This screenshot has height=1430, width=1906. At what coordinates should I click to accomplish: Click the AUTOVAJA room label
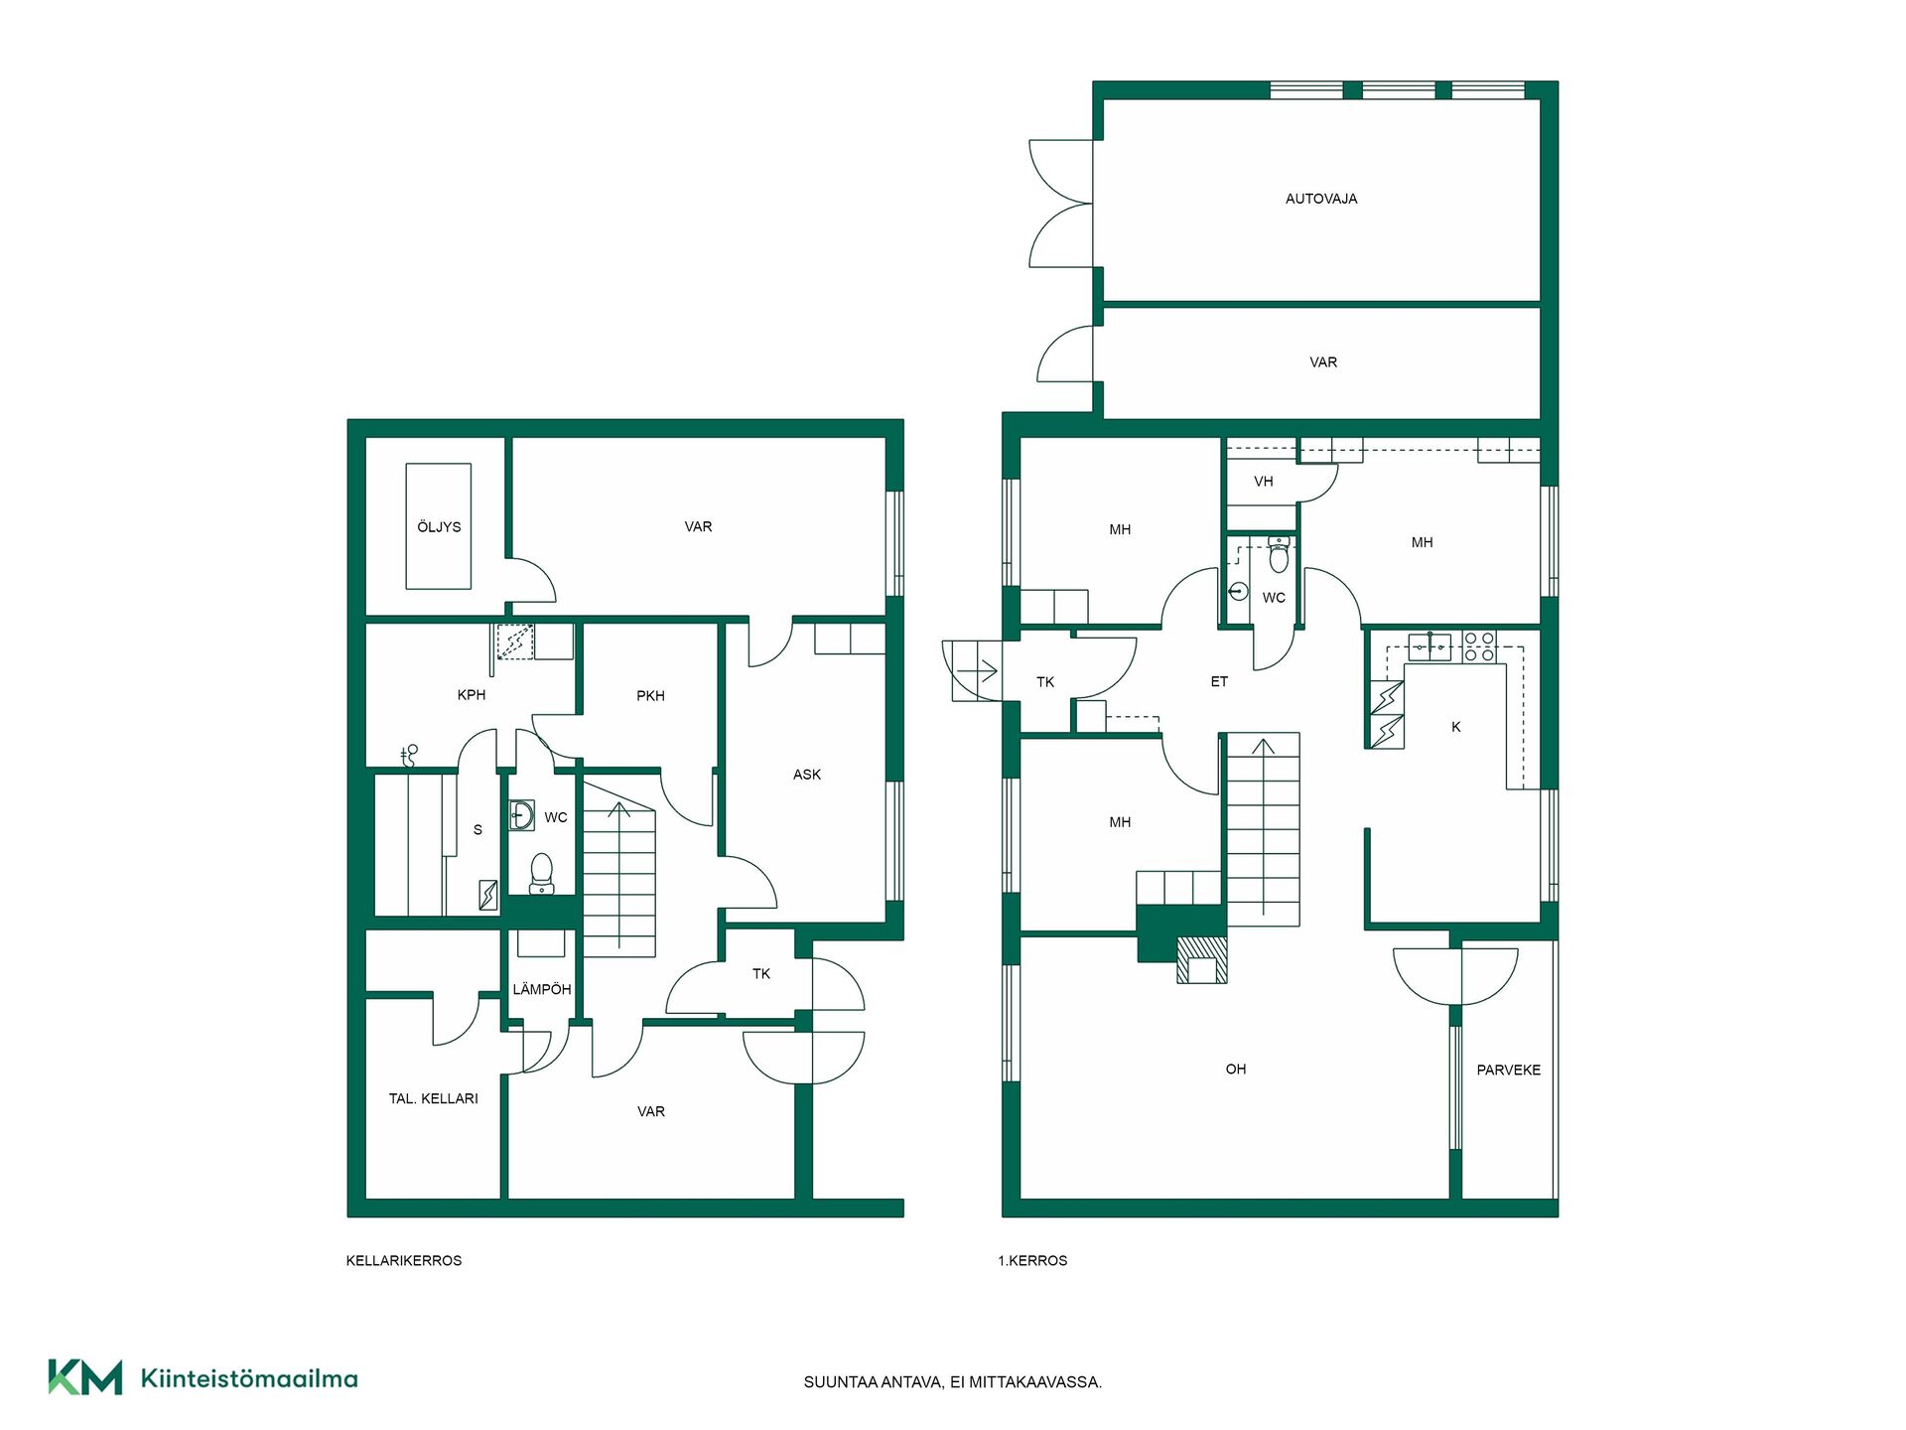coord(1321,199)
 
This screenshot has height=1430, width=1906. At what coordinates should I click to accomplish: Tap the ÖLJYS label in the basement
coord(439,526)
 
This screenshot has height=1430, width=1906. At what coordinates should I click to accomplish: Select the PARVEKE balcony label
coord(1509,1070)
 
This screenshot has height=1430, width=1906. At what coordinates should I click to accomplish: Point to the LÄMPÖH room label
coord(542,989)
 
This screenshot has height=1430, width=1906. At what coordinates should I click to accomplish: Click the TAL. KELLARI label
coord(434,1098)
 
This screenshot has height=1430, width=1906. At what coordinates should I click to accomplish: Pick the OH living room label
coord(1236,1069)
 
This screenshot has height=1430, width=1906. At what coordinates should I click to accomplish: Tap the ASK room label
coord(807,775)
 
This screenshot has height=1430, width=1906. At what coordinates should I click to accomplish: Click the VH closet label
coord(1264,482)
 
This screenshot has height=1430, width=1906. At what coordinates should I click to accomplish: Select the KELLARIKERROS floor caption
coord(404,1260)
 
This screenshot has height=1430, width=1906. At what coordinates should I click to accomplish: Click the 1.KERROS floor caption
coord(1033,1260)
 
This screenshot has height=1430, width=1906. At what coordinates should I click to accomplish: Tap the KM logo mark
coord(85,1377)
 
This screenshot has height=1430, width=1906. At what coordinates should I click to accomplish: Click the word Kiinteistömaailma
coord(249,1378)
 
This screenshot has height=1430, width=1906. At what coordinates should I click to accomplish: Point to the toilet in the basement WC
coord(542,873)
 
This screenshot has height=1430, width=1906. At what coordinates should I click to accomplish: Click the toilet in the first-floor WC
coord(1279,555)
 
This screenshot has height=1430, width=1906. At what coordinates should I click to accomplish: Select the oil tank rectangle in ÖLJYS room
coord(439,526)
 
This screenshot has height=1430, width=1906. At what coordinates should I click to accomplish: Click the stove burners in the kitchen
coord(1479,647)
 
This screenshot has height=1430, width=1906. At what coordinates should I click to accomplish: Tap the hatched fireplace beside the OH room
coord(1202,960)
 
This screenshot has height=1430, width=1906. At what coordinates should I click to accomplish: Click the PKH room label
coord(651,696)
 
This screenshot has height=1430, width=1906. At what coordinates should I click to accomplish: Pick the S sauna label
coord(477,830)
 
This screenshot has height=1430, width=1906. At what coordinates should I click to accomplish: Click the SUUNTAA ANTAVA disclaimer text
coord(953,1382)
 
